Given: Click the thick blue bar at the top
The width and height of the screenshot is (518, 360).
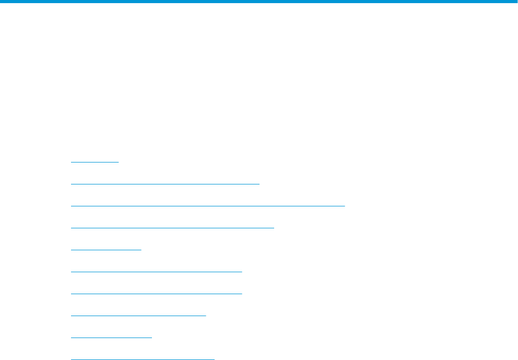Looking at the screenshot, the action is pos(259,2).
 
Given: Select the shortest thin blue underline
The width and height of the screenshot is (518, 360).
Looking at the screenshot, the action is pos(95,162).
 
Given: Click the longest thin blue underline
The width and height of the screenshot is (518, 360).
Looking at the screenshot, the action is pos(208,206).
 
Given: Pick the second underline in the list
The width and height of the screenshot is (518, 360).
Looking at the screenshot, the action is pos(165,184).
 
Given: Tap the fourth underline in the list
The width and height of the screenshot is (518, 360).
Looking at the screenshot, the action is pos(172,228).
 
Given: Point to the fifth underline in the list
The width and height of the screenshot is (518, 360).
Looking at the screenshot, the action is pos(106,250).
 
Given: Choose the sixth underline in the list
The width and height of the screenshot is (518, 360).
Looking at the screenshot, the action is pos(157,272).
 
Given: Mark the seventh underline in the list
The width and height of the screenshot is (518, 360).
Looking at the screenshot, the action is pos(157,294).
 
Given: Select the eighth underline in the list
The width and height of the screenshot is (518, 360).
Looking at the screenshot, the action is pos(138,316).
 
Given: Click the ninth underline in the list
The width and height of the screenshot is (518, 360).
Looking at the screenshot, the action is pos(111,338).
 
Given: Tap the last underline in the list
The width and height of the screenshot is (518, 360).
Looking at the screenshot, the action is pos(143,359).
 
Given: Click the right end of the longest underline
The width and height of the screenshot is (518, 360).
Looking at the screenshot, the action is pos(345,206).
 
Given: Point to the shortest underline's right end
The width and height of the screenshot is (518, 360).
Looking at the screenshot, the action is pos(119,162).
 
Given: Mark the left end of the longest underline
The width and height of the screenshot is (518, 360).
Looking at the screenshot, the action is pos(71,206).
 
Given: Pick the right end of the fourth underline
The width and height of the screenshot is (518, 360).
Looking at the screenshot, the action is pos(274,228).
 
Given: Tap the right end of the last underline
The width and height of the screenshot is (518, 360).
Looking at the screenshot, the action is pos(214,359).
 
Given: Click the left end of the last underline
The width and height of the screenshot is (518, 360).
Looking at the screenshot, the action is pos(71,359).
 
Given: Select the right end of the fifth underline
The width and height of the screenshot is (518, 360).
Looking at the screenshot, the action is pos(141,250).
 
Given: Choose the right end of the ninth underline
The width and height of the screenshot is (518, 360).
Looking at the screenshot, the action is pos(151,338).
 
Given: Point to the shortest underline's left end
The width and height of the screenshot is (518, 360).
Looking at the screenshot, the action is pos(71,162).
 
